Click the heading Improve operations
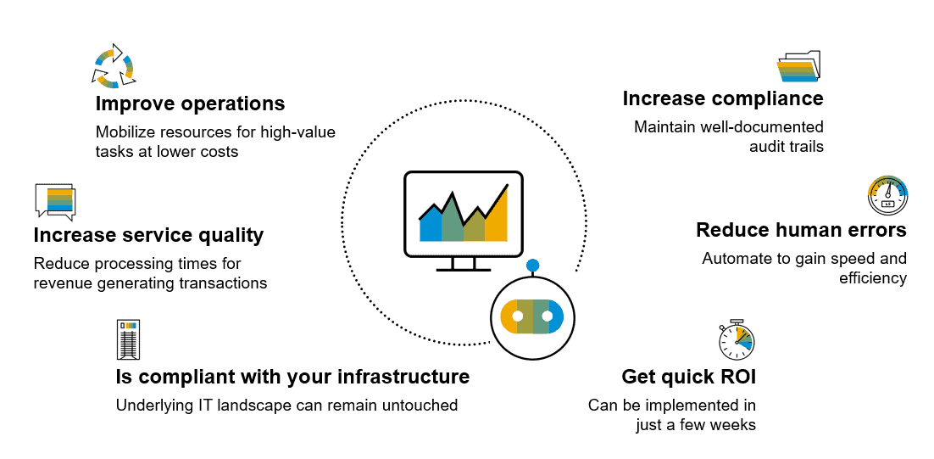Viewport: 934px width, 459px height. pos(190,104)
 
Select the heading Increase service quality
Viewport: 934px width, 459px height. pos(148,234)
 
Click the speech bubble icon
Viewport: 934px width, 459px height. pos(55,201)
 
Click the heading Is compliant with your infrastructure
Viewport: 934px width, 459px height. pos(292,376)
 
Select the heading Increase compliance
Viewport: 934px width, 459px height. pos(723,98)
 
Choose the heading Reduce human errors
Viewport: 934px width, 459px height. pos(801,230)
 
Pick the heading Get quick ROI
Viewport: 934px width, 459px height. pos(688,377)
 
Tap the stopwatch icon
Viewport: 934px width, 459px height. pos(736,339)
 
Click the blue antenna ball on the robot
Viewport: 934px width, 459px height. pos(532,266)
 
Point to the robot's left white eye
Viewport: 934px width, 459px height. pos(517,316)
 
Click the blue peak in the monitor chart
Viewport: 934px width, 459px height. pos(431,225)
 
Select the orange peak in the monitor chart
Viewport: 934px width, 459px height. pos(498,221)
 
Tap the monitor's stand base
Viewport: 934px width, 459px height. pos(464,269)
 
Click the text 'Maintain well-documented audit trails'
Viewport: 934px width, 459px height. pos(728,137)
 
